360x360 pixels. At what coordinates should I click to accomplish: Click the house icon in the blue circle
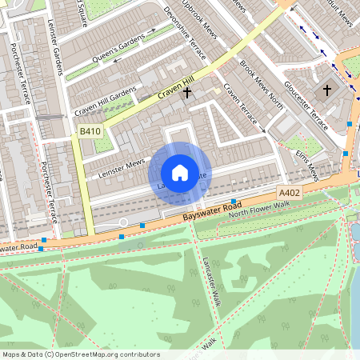pyautogui.click(x=180, y=171)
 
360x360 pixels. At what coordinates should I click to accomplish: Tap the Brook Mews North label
pyautogui.click(x=262, y=86)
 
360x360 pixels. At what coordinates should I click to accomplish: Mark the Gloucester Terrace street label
pyautogui.click(x=307, y=108)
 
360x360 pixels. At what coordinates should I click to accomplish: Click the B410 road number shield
pyautogui.click(x=90, y=131)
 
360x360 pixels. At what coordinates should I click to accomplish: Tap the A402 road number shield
pyautogui.click(x=289, y=194)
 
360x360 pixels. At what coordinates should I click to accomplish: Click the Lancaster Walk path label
pyautogui.click(x=211, y=282)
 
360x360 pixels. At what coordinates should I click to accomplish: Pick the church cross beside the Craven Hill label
pyautogui.click(x=187, y=93)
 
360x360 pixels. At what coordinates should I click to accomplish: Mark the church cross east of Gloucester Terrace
pyautogui.click(x=327, y=90)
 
